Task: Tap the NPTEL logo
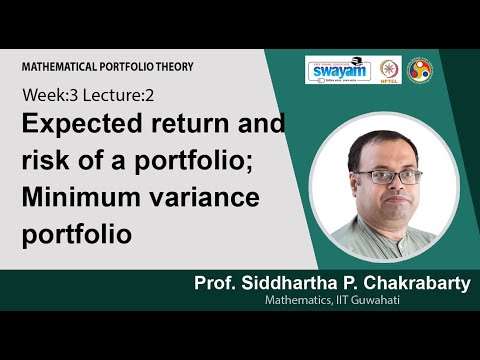[386, 71]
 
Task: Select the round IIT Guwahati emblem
[421, 71]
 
